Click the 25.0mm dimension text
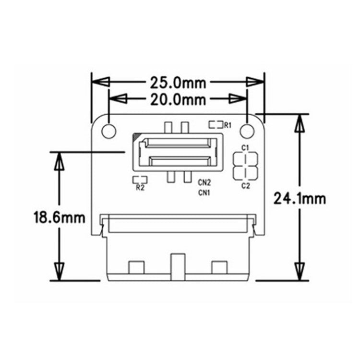point(178,83)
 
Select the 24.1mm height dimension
point(300,198)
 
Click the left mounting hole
point(108,130)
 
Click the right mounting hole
point(247,130)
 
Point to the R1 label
point(228,125)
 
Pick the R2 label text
point(140,188)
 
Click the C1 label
point(245,147)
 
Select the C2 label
point(245,185)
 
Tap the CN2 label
point(205,182)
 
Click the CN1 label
point(205,193)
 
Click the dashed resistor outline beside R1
point(216,125)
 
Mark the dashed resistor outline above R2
point(140,180)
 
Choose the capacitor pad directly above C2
point(245,173)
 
